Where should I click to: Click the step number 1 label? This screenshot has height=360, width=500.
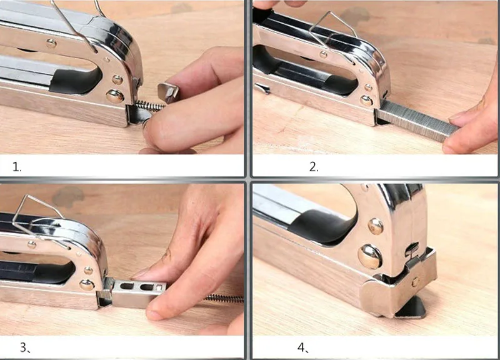pyautogui.click(x=17, y=167)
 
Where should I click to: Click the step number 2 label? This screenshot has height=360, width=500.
pyautogui.click(x=314, y=167)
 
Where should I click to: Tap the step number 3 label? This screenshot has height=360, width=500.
pyautogui.click(x=25, y=347)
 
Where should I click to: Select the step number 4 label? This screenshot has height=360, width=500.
pyautogui.click(x=303, y=347)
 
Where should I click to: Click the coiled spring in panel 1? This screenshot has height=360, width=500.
pyautogui.click(x=149, y=106)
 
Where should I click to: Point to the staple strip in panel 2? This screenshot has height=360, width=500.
pyautogui.click(x=416, y=121)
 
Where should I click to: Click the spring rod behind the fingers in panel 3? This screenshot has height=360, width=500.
pyautogui.click(x=224, y=299)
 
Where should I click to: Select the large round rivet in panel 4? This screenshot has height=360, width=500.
pyautogui.click(x=370, y=256)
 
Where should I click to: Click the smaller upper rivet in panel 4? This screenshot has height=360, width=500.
pyautogui.click(x=376, y=226)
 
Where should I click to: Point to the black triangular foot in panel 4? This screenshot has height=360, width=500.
pyautogui.click(x=411, y=308)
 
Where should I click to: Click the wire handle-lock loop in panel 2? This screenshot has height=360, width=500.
pyautogui.click(x=333, y=30)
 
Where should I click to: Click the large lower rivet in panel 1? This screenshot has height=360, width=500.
pyautogui.click(x=115, y=96)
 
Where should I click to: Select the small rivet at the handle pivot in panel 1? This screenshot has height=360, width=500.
pyautogui.click(x=51, y=43)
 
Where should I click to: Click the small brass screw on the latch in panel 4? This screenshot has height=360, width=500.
pyautogui.click(x=415, y=282)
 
